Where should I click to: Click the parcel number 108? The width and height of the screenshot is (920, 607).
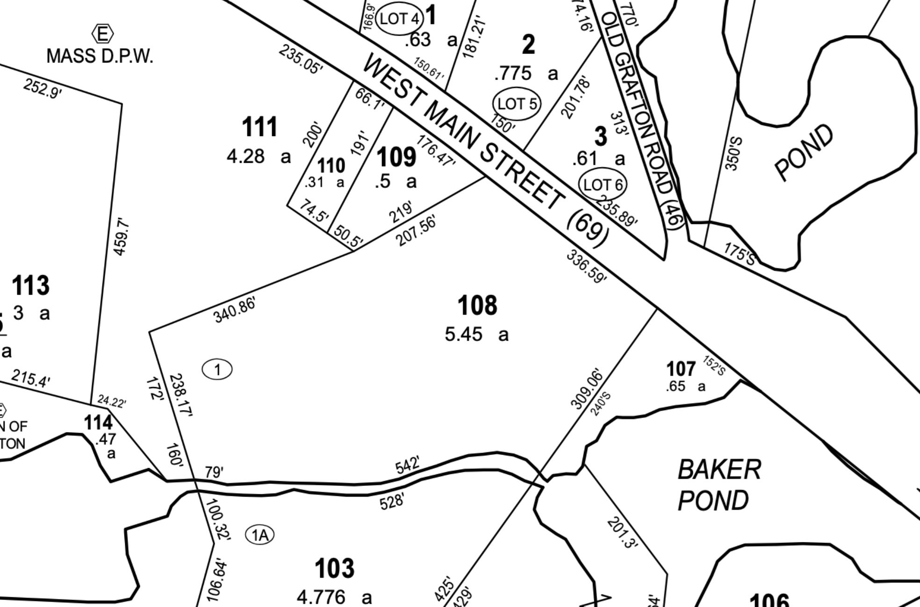coord(477,306)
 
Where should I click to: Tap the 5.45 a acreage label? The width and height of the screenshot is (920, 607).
coord(476,334)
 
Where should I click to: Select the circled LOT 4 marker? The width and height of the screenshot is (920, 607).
coord(399,19)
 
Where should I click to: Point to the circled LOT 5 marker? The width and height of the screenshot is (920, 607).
coord(517,103)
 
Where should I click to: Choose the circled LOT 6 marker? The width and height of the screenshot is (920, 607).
coord(603,184)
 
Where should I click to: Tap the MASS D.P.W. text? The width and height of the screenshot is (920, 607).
coord(100,56)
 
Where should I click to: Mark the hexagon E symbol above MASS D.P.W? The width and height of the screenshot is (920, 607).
coord(102,34)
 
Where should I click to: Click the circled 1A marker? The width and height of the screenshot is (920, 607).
coord(260,535)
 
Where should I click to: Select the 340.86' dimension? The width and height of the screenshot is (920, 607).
coord(235,310)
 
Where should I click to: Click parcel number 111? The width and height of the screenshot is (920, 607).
coord(260,127)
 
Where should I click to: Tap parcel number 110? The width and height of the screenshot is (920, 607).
coord(331,166)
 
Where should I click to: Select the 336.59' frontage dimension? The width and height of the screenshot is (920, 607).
coord(586,267)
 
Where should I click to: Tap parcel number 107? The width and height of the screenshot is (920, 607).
coord(681,369)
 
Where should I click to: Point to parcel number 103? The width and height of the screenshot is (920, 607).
coord(334,569)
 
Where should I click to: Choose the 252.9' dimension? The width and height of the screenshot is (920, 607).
coord(42,88)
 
